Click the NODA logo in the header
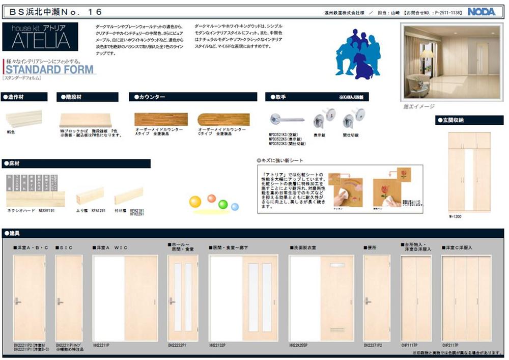tap(481, 11)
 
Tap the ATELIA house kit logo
tap(40, 37)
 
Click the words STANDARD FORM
tap(50, 70)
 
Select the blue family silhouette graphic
tap(358, 53)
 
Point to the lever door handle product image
tap(287, 120)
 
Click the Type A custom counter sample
tap(161, 119)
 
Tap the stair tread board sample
tap(85, 120)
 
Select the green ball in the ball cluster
tap(223, 204)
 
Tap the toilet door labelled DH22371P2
tap(377, 298)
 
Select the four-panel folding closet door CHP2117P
tap(466, 298)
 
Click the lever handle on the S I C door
tap(59, 301)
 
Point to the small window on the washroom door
tap(337, 265)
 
